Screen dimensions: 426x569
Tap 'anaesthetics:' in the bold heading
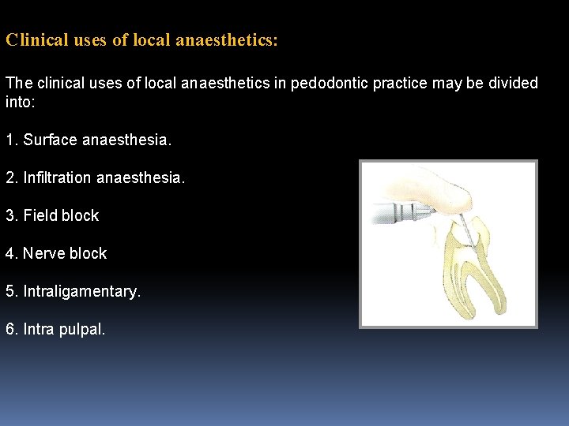[x=228, y=40]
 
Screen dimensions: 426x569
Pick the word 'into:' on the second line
[x=21, y=103]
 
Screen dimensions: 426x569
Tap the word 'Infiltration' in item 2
[x=58, y=178]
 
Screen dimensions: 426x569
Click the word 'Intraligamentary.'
[x=82, y=292]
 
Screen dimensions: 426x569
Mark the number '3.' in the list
[x=12, y=216]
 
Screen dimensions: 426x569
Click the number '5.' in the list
[x=12, y=292]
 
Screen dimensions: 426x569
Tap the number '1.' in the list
[x=12, y=140]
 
